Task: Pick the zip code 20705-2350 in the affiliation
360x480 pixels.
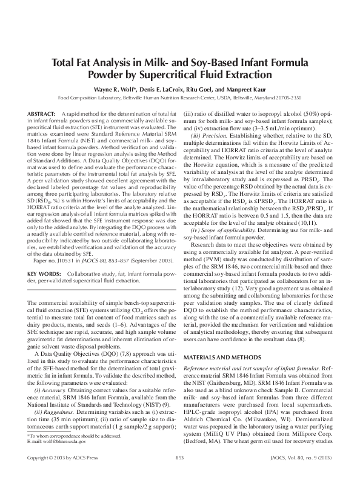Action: (285, 98)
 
